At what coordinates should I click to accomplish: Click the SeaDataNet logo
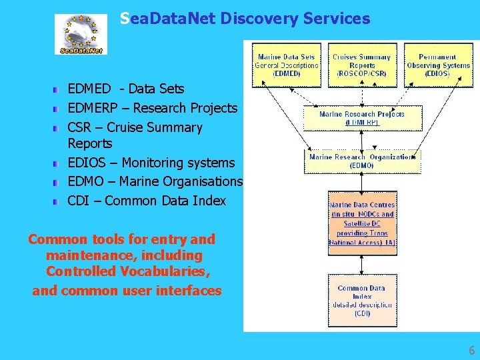pyautogui.click(x=81, y=35)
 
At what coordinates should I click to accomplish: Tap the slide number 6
pyautogui.click(x=472, y=351)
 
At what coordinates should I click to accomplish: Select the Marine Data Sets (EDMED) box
pyautogui.click(x=287, y=65)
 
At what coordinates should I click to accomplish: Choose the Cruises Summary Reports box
pyautogui.click(x=362, y=65)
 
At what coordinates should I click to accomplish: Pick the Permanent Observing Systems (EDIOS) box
pyautogui.click(x=437, y=65)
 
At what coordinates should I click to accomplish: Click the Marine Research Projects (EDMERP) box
pyautogui.click(x=362, y=118)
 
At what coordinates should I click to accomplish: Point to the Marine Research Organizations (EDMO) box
pyautogui.click(x=362, y=161)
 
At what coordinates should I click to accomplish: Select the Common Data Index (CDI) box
pyautogui.click(x=362, y=300)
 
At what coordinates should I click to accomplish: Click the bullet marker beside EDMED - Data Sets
pyautogui.click(x=59, y=89)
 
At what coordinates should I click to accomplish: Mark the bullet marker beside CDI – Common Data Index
pyautogui.click(x=59, y=201)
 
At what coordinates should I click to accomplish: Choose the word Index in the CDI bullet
pyautogui.click(x=208, y=201)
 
